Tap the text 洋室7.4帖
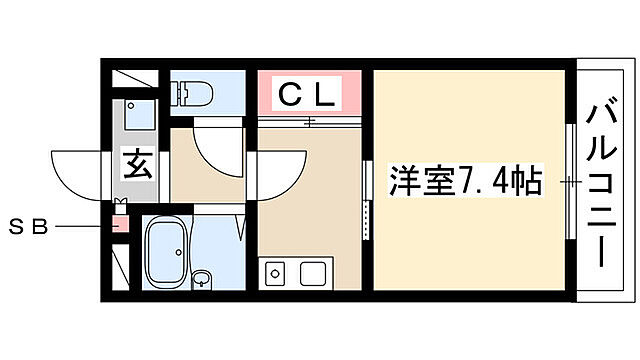pos(465,182)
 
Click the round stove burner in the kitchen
pos(274,271)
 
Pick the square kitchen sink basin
pos(314,272)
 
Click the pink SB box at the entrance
pos(120,226)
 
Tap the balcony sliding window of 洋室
pos(571,182)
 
